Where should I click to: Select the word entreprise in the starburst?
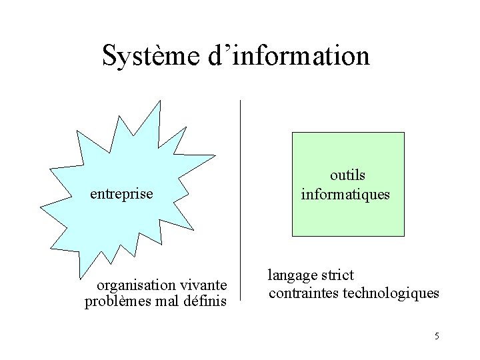[x=122, y=194]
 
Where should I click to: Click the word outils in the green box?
[x=347, y=175]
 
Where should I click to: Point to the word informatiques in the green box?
[x=346, y=195]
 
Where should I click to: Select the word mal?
[x=164, y=302]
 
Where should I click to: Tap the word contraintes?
[x=303, y=293]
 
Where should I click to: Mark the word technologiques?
[x=391, y=293]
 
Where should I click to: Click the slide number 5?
[x=436, y=336]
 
